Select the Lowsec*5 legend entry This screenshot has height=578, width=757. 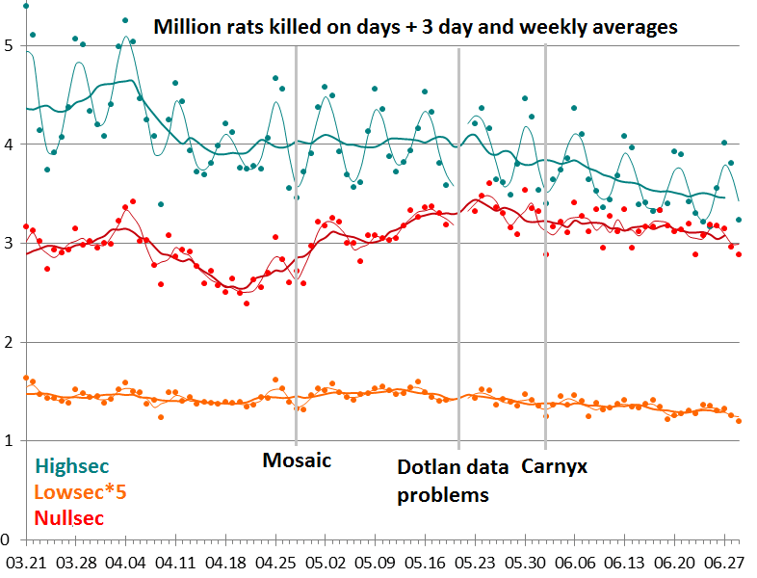tap(81, 492)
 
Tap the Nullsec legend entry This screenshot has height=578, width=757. tap(70, 518)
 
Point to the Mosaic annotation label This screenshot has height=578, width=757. tap(297, 460)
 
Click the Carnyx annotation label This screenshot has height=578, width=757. tap(555, 467)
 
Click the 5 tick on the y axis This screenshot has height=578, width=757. tap(8, 45)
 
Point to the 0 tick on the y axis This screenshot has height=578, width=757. tap(8, 539)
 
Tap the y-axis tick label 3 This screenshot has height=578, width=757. tap(8, 243)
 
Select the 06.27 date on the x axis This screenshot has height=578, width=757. tap(725, 561)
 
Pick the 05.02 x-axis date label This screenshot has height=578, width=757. tap(325, 561)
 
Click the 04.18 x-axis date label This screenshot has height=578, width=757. tap(224, 561)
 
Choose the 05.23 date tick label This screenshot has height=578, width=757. tap(475, 561)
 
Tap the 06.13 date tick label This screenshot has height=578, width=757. tap(625, 561)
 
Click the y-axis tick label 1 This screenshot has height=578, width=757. tap(8, 441)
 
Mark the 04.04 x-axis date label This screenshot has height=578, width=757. tap(124, 561)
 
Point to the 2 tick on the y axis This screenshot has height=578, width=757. tap(8, 342)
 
